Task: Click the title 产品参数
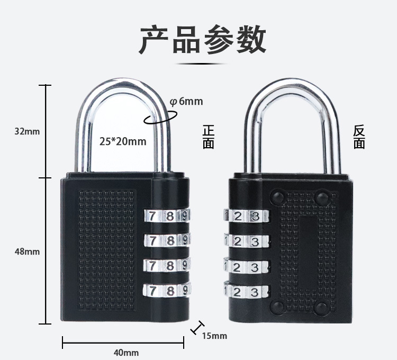(x=203, y=40)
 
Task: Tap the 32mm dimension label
(x=27, y=131)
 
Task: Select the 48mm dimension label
(x=27, y=251)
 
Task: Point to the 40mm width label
(x=126, y=353)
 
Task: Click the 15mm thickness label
(x=214, y=336)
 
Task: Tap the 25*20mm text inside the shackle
(x=123, y=141)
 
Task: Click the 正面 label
(x=209, y=137)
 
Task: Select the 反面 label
(x=359, y=137)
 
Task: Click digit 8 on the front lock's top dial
(x=170, y=216)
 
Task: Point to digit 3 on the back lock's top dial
(x=255, y=216)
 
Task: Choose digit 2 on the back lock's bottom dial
(x=239, y=291)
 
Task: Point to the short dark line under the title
(x=203, y=63)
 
